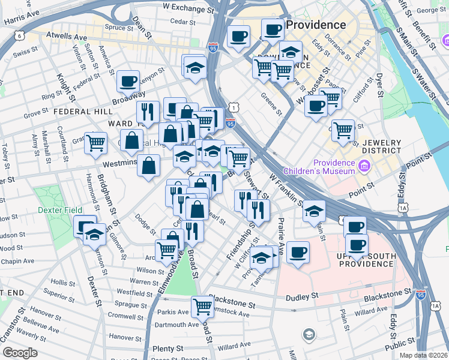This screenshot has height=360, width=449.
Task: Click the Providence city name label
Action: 316,25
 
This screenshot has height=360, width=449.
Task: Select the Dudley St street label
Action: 302,296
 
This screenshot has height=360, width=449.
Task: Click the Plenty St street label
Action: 167,349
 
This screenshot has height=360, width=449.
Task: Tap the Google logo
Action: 20,353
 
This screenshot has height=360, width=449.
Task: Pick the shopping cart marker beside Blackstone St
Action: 203,307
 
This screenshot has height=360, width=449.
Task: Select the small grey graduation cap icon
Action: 309,334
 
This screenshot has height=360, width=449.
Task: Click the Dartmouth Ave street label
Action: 177,325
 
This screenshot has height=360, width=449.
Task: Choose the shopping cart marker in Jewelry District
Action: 342,129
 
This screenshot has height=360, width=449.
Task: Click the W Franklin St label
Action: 284,187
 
